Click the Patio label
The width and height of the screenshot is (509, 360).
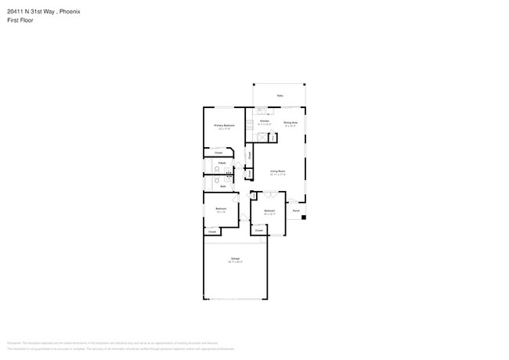point(280,96)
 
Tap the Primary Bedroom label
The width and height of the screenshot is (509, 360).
point(224,125)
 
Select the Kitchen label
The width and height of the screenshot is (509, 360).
point(265,121)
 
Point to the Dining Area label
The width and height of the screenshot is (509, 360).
point(290,122)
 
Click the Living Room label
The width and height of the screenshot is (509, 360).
point(277,171)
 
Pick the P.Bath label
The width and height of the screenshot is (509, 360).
point(222,162)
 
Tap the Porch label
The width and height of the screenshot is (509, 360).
point(296,211)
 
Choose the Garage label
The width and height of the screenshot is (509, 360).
point(236,257)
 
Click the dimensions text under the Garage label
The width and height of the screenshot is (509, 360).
point(236,261)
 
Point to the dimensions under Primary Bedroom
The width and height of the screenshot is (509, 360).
point(224,129)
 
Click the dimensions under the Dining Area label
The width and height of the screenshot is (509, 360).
point(290,126)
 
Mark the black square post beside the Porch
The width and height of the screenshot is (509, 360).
point(303,217)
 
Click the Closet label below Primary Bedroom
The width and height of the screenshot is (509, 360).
point(218,152)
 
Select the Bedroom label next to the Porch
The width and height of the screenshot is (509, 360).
point(269,211)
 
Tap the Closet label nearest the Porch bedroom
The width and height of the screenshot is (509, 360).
point(258,230)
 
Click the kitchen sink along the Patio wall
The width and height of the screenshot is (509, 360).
point(261,111)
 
